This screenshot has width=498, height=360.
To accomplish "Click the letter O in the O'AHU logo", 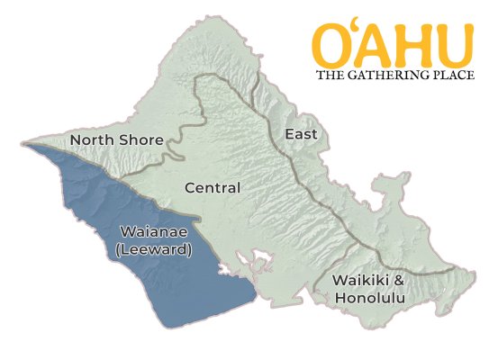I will pyautogui.click(x=335, y=45).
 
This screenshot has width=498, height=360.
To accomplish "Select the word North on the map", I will pyautogui.click(x=95, y=140).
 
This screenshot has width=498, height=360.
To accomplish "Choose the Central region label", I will pyautogui.click(x=212, y=188).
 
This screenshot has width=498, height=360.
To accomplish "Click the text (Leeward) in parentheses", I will pyautogui.click(x=154, y=249).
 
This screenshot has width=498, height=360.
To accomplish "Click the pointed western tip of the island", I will pyautogui.click(x=22, y=141).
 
